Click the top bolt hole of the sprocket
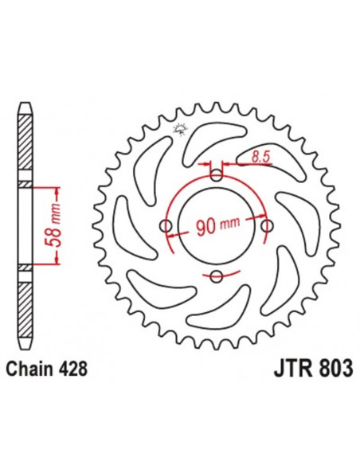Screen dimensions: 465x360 pos(216,176)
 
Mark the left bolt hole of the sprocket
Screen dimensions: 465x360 pos(166,227)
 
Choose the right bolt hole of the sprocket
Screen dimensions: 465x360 pos(266,226)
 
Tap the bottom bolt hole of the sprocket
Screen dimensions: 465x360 pos(216,277)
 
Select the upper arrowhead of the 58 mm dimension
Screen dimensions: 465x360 pos(57,191)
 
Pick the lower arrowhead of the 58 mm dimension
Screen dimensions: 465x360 pos(57,262)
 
